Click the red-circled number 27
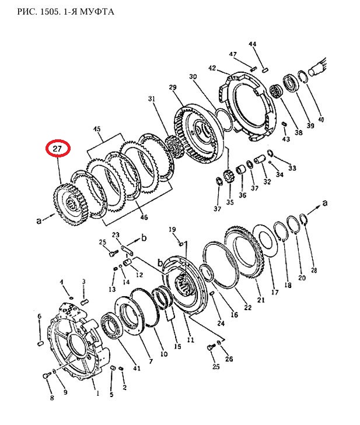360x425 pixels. tap(58, 149)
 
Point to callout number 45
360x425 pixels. tap(97, 129)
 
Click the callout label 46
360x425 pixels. tap(144, 217)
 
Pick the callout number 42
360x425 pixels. tap(212, 68)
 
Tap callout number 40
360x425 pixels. tap(321, 120)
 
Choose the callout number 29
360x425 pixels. tap(173, 87)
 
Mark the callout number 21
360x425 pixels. tap(261, 300)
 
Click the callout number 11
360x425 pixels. tap(191, 340)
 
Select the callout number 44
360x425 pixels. tap(253, 44)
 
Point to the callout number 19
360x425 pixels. tap(173, 230)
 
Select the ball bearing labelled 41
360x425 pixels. tap(113, 330)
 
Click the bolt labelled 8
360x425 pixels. tap(47, 375)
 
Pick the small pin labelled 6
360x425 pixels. tap(40, 343)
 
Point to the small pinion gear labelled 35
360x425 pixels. tap(228, 177)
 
